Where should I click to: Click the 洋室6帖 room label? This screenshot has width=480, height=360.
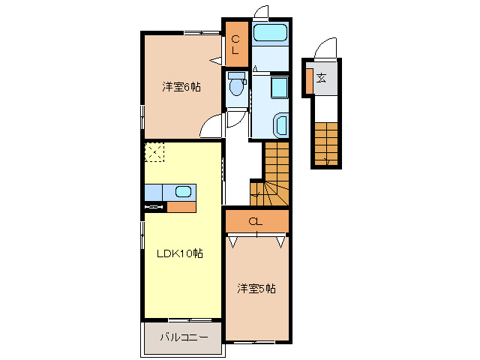click(181, 87)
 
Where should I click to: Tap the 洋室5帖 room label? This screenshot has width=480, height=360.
click(257, 288)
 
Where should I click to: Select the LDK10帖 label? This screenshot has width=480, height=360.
click(180, 253)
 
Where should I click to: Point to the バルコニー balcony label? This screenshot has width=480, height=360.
click(184, 337)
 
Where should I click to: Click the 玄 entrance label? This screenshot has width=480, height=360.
click(321, 77)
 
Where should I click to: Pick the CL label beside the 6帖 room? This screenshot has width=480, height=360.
click(235, 45)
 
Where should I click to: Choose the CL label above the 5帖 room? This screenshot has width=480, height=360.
click(256, 220)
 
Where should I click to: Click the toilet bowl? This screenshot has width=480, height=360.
click(237, 87)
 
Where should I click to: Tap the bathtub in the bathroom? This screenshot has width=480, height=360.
click(270, 33)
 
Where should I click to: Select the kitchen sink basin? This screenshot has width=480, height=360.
click(183, 191)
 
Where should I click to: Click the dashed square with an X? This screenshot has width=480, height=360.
click(154, 152)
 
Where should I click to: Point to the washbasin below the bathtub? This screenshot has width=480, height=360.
click(280, 88)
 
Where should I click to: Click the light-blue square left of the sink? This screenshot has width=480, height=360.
click(154, 192)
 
